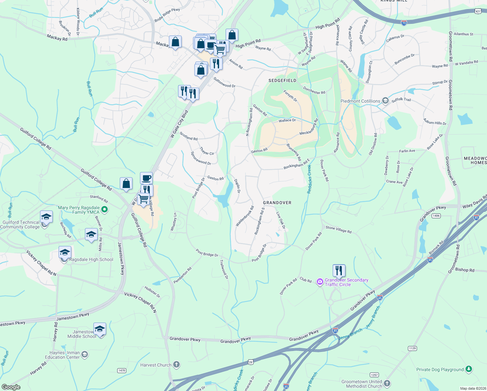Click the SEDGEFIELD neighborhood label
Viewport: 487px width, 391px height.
click(x=282, y=80)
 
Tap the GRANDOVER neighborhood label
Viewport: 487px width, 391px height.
click(x=277, y=203)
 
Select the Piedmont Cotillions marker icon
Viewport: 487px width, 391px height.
click(x=385, y=101)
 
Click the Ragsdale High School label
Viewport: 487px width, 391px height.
click(x=91, y=260)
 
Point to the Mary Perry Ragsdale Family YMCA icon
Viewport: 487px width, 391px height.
click(x=104, y=210)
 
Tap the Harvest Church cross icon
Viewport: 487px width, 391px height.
click(x=176, y=365)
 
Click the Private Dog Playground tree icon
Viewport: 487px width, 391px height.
click(x=468, y=369)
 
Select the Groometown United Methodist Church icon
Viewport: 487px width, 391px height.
click(x=387, y=384)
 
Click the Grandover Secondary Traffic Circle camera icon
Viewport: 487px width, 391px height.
click(x=320, y=282)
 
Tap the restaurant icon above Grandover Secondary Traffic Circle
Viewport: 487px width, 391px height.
click(x=339, y=270)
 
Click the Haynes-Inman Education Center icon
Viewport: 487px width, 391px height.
click(x=85, y=355)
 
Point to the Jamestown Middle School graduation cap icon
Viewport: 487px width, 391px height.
click(x=100, y=329)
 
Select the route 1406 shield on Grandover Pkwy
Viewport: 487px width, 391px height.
click(x=436, y=216)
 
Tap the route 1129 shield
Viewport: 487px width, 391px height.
click(x=412, y=348)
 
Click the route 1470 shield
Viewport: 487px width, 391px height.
click(x=121, y=370)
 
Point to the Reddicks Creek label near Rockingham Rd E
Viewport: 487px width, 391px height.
click(x=309, y=179)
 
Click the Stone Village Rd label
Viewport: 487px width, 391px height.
click(x=339, y=230)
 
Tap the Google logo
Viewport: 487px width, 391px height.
click(x=11, y=387)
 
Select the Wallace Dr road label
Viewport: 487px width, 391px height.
click(x=287, y=121)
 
